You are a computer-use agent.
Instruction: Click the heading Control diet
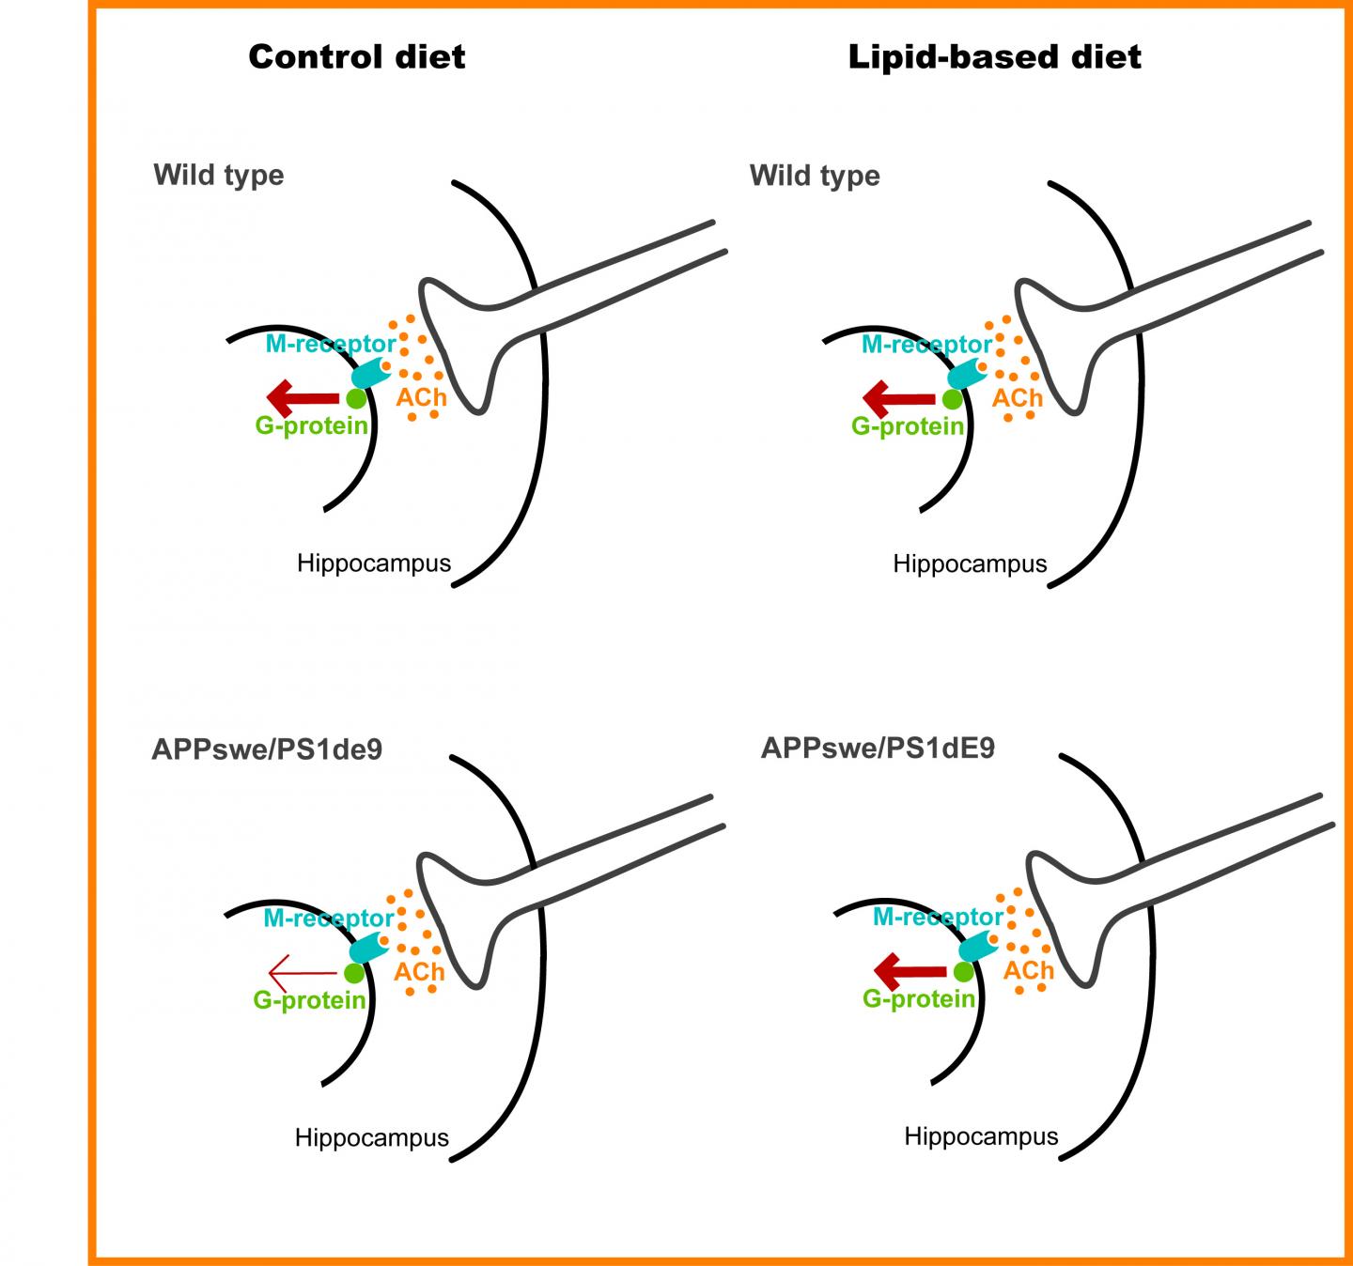(356, 56)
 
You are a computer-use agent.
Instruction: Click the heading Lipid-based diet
(994, 56)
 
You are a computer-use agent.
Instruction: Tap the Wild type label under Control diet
(218, 176)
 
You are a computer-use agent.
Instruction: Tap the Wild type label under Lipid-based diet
(815, 176)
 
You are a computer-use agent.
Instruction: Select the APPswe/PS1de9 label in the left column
(267, 750)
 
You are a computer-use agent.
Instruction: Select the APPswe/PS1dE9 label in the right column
(878, 748)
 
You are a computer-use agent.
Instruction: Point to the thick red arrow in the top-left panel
(302, 397)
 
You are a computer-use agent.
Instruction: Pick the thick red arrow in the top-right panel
(899, 398)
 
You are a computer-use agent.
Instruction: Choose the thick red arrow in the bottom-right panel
(910, 970)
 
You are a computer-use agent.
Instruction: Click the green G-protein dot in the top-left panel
(356, 399)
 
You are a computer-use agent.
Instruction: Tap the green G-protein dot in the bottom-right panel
(964, 972)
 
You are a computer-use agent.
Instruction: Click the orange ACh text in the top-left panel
(421, 397)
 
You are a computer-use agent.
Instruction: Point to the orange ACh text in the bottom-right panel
(1029, 970)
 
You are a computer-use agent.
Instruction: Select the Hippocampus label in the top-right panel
(970, 564)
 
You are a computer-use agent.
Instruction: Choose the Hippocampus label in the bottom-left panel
(371, 1137)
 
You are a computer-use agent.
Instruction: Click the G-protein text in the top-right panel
(908, 426)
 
